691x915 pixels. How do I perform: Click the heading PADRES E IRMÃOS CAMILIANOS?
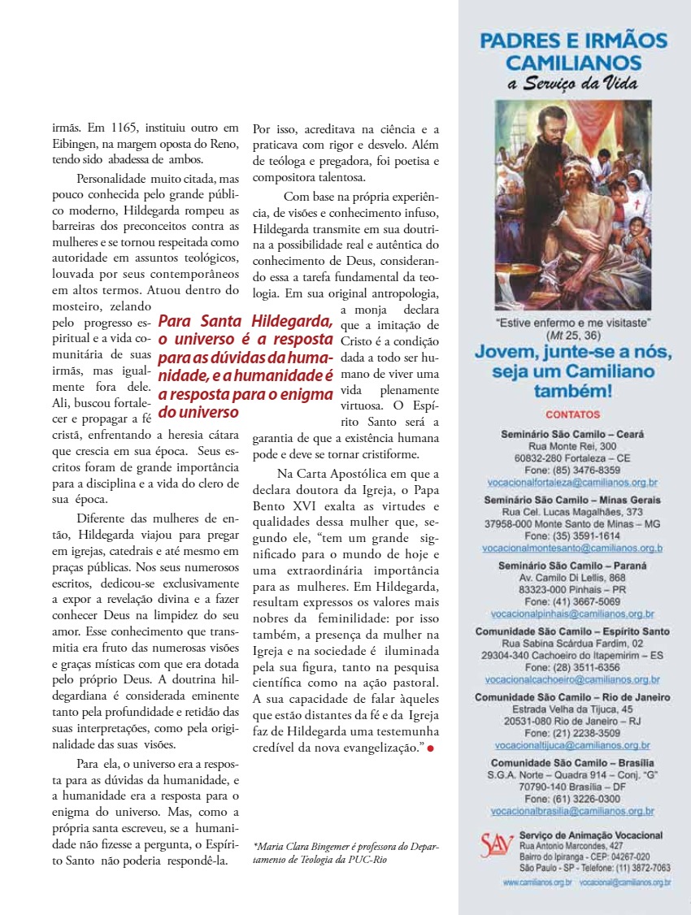573,51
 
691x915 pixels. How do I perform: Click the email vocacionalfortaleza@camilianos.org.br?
572,482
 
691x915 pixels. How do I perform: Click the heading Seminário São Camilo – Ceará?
572,434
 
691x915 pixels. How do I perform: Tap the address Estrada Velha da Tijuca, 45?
572,709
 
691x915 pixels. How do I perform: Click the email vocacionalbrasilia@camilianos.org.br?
572,811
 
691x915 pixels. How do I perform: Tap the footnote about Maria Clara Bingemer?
345,852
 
